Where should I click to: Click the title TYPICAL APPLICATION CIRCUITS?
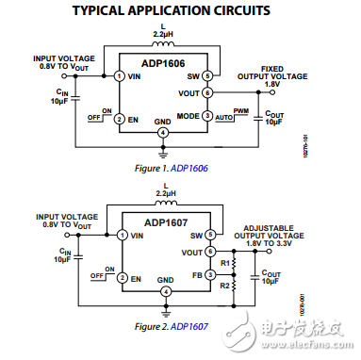[180, 10]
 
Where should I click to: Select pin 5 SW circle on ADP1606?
[207, 75]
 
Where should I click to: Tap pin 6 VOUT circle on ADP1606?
[207, 92]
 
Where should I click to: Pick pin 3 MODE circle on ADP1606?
[207, 117]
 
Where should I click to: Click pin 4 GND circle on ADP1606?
[164, 133]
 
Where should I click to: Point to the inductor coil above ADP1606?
[165, 42]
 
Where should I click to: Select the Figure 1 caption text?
[164, 168]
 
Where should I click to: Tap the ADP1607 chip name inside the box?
[164, 223]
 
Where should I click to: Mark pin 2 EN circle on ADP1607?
[121, 279]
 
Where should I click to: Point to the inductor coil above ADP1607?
[165, 203]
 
